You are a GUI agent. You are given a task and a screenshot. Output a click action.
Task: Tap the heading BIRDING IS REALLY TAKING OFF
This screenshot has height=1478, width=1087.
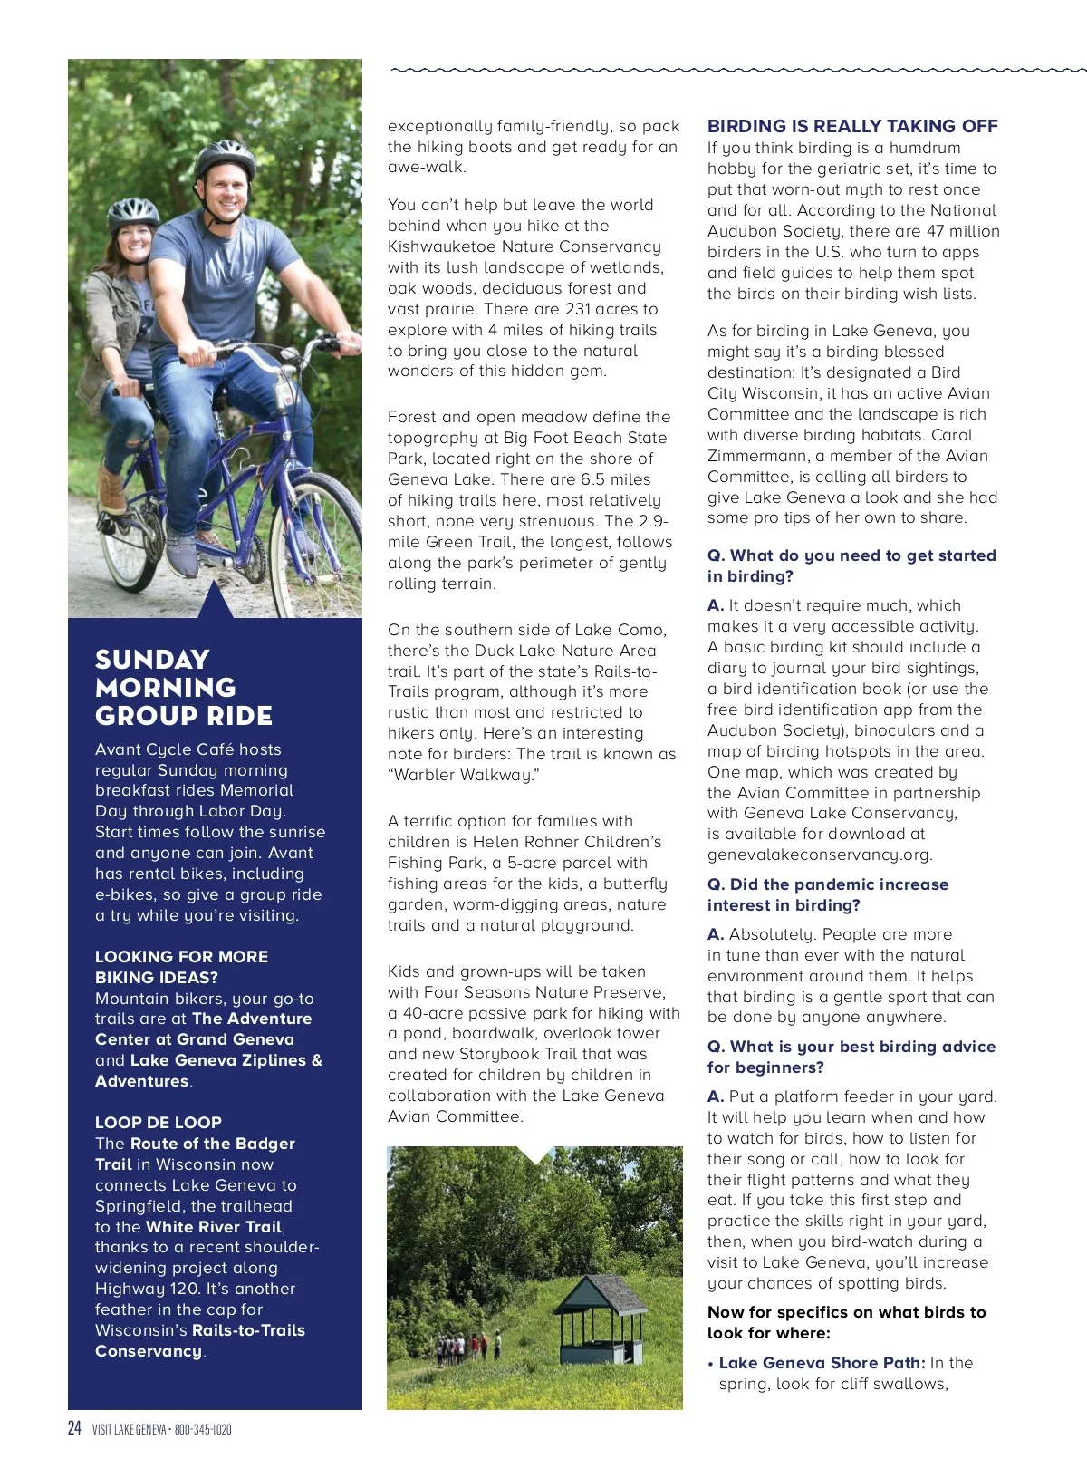852,126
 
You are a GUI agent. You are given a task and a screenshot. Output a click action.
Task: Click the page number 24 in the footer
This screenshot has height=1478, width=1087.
74,1428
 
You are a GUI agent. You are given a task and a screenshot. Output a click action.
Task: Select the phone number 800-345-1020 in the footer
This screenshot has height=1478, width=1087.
203,1430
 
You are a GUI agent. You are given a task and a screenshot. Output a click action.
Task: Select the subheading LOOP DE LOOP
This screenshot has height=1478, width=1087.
159,1122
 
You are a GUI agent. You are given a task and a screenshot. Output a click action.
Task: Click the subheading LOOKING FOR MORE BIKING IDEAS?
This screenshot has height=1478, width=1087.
181,967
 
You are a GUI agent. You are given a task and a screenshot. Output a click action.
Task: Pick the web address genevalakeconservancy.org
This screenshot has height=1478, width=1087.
819,855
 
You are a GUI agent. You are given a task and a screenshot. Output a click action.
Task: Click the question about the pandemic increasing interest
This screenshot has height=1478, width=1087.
827,894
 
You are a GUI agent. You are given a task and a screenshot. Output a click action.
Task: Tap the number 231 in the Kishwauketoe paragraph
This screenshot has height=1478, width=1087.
578,309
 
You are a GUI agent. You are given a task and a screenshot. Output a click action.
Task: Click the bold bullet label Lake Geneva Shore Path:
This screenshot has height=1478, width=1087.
822,1362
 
